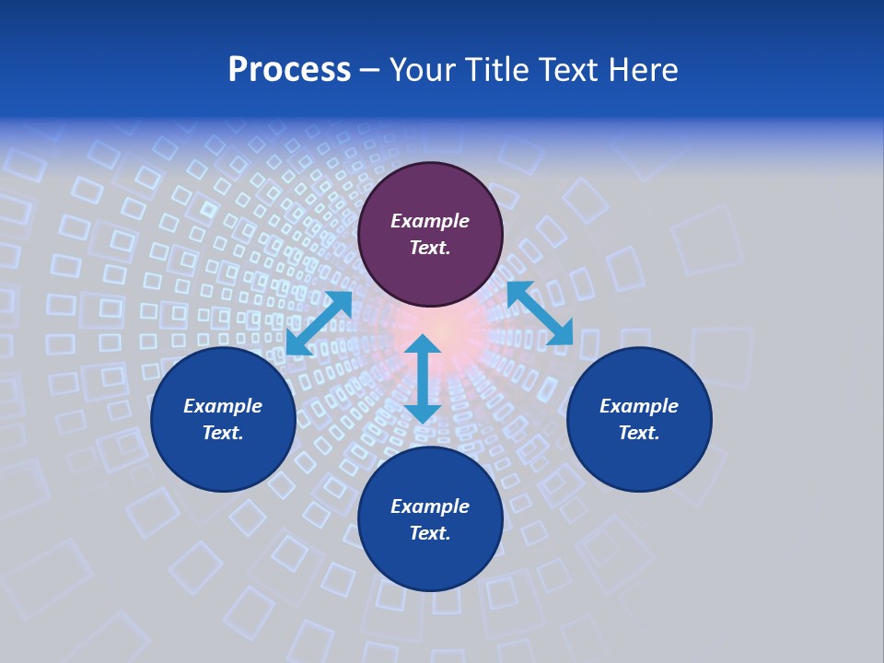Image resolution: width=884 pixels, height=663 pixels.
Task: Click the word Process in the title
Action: (x=289, y=70)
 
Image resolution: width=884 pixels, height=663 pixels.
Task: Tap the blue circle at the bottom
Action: (x=430, y=552)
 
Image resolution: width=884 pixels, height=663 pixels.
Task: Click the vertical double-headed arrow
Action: (x=423, y=378)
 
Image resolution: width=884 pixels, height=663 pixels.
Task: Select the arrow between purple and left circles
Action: (x=319, y=323)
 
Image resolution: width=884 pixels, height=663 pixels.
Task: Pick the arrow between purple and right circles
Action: (x=540, y=313)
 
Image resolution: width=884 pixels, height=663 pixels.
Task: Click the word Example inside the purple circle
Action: (x=430, y=221)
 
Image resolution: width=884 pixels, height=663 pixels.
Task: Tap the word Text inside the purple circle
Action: (x=430, y=248)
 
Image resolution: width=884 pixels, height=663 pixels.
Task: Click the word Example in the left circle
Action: (x=223, y=406)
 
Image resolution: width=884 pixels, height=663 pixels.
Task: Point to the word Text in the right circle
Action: (x=639, y=433)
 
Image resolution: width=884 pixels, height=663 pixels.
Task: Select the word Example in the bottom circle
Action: (x=430, y=506)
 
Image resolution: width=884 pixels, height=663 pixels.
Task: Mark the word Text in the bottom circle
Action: (x=430, y=533)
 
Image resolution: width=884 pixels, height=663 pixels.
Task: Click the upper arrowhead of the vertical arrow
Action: (x=423, y=345)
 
